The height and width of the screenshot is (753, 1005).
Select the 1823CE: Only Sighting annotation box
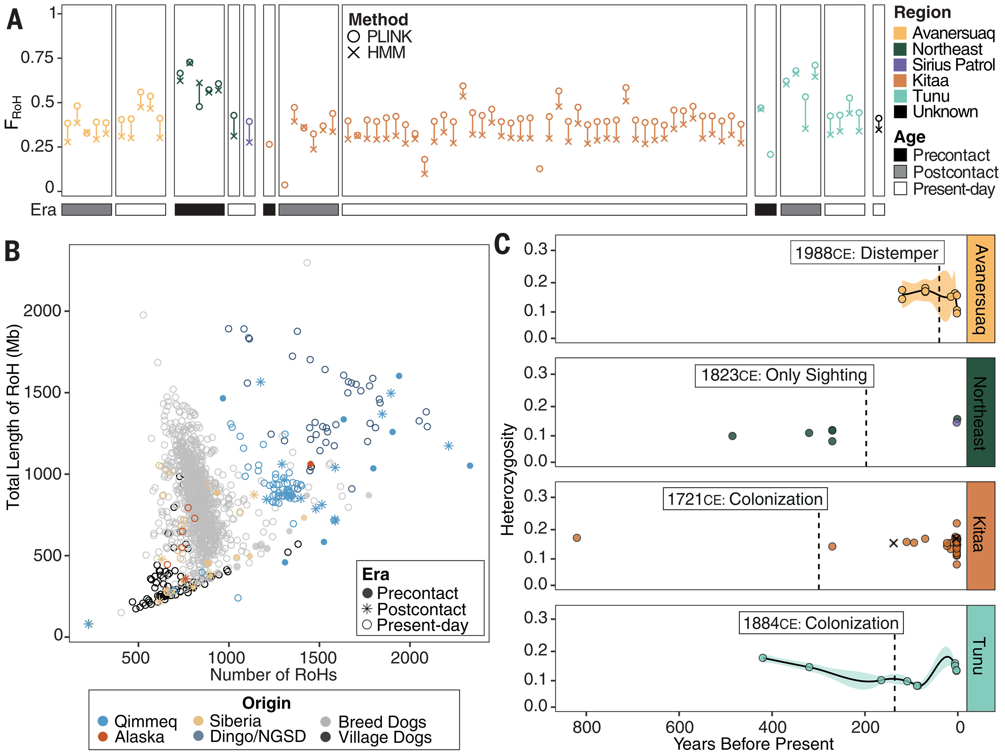coord(784,375)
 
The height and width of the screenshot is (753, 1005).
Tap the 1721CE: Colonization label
coord(745,499)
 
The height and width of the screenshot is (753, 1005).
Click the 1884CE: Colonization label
coord(820,623)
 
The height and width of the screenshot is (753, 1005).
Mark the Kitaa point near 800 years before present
coord(577,538)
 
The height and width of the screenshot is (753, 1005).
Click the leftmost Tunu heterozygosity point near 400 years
coord(763,658)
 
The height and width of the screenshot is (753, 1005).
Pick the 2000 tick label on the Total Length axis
coord(42,311)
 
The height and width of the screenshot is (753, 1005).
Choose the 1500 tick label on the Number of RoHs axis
coord(319,658)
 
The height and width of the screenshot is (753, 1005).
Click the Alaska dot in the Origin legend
coord(103,737)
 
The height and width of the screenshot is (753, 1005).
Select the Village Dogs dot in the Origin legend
coord(325,737)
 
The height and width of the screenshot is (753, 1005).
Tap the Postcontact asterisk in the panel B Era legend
coord(367,609)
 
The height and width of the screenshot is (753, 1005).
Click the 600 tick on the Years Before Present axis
coord(679,727)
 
